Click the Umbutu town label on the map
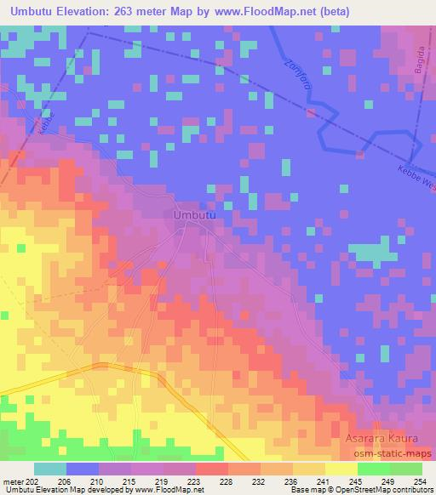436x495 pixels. (193, 215)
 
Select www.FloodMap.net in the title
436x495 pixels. (271, 12)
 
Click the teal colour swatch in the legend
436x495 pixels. (50, 469)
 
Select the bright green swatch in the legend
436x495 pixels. (373, 469)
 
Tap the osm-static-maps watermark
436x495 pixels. (390, 453)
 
